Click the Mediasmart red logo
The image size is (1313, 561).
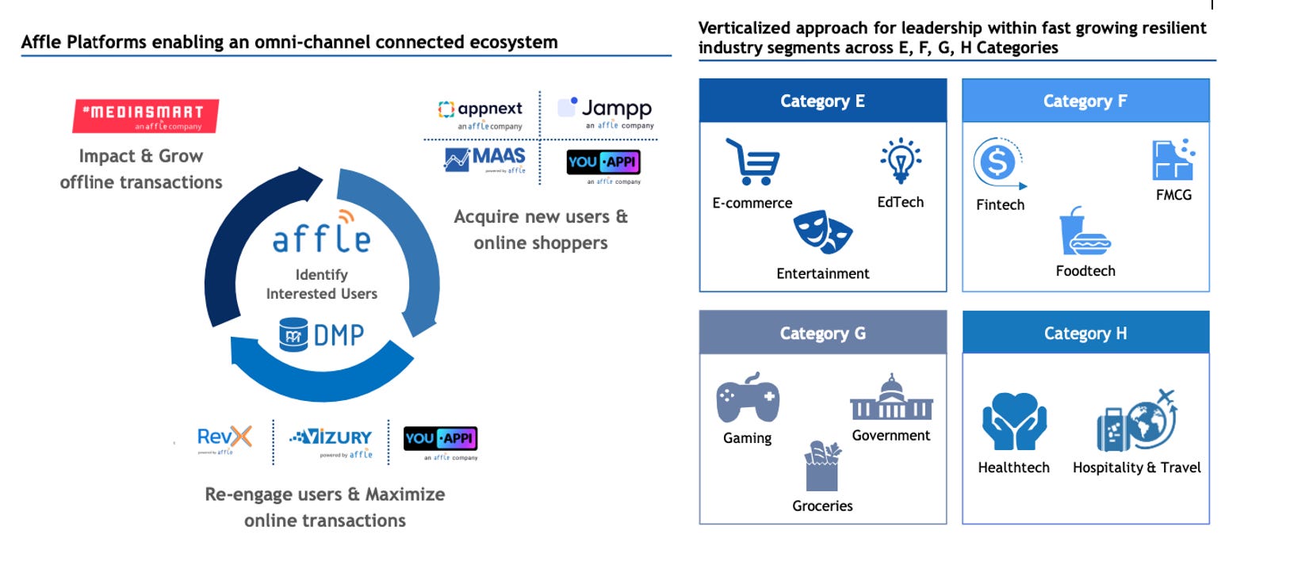coord(145,116)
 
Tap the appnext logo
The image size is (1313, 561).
coord(480,113)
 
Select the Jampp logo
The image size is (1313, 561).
coord(607,113)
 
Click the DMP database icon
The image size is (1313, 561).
coord(293,334)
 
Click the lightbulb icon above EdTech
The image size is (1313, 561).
coord(900,161)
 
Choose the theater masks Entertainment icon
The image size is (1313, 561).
coord(822,232)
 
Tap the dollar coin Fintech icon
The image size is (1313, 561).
coord(999,163)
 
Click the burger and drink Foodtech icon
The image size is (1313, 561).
coord(1084,231)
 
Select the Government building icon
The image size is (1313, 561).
coord(891,398)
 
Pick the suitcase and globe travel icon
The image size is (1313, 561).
coord(1135,421)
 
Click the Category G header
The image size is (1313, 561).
coord(822,333)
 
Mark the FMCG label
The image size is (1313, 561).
coord(1173,195)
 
